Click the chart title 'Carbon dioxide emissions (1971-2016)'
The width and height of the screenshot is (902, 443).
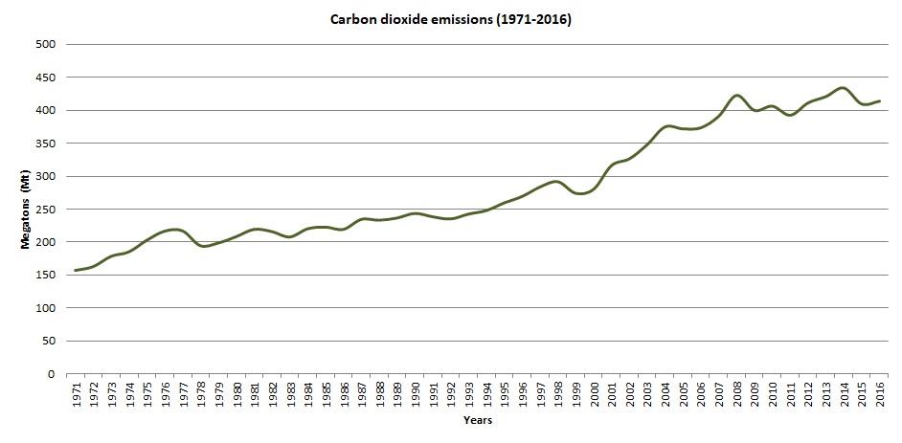[x=450, y=19]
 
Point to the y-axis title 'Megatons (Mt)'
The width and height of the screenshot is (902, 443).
[x=27, y=210]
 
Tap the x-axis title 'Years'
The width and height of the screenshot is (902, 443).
[x=477, y=420]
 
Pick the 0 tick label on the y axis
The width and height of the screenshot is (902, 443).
[x=53, y=374]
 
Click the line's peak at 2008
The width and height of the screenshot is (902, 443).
[x=736, y=96]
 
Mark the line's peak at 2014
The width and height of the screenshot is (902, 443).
[x=843, y=88]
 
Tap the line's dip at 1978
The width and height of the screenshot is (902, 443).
[x=204, y=246]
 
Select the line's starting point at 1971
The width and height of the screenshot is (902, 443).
[x=76, y=271]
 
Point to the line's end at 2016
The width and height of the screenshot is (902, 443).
[x=879, y=100]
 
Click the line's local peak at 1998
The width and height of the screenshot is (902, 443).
[x=557, y=181]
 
